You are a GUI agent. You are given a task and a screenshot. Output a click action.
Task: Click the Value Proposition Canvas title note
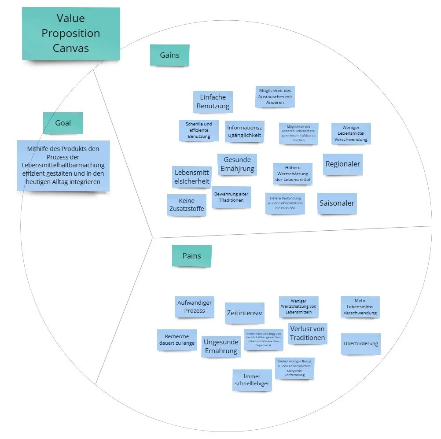click(71, 33)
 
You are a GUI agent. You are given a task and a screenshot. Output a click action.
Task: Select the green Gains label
click(169, 55)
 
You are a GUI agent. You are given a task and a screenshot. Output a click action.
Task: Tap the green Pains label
click(191, 256)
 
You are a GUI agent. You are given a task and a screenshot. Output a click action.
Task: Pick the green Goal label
click(63, 123)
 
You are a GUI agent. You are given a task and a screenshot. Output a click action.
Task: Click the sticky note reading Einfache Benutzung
click(213, 102)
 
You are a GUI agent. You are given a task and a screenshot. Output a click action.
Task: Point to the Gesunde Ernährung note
click(237, 164)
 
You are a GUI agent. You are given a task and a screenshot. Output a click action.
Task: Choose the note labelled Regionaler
click(342, 164)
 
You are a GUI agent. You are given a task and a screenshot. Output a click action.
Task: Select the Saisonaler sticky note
click(337, 203)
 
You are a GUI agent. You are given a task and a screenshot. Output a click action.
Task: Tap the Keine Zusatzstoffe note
click(187, 205)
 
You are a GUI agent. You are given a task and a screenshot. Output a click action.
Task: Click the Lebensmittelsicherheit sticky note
click(192, 177)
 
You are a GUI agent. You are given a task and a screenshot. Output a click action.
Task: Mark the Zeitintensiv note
click(244, 313)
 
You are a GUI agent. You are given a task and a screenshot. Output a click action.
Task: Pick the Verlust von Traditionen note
click(307, 333)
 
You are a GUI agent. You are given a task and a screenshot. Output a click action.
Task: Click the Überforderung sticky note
click(360, 343)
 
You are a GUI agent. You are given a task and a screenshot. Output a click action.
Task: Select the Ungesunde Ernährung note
click(220, 346)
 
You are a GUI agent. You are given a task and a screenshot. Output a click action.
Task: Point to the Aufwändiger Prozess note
click(195, 306)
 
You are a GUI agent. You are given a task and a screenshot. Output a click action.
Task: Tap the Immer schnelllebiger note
click(252, 380)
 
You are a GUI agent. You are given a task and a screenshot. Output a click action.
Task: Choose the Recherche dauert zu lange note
click(176, 339)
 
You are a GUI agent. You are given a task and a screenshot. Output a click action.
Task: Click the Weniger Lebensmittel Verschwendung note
click(351, 133)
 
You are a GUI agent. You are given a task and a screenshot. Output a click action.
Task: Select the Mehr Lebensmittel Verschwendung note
click(360, 307)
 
